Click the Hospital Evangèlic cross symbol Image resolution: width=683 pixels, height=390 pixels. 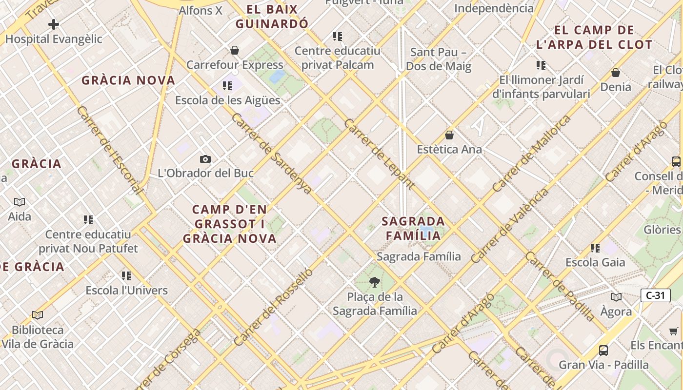point(54,24)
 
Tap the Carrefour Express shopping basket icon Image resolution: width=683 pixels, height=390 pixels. point(235,50)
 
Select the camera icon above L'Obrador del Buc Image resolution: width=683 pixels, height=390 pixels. point(205,159)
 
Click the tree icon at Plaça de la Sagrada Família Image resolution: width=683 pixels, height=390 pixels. point(375,282)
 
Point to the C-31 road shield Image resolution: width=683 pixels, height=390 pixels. point(655,295)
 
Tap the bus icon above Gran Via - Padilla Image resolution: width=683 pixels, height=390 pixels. point(603,350)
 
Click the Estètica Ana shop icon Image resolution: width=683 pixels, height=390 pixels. point(449,135)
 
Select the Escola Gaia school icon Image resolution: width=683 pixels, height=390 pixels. point(595,248)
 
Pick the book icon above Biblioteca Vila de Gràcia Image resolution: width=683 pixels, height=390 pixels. point(38,315)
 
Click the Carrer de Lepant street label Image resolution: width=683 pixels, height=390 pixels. point(379,154)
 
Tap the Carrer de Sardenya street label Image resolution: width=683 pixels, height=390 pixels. point(271,154)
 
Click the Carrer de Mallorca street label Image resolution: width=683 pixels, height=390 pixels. point(531,154)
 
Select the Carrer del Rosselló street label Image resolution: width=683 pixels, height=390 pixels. point(273,307)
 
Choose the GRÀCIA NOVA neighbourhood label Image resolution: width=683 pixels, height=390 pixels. point(128,80)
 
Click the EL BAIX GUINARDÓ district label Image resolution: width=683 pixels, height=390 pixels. point(272,16)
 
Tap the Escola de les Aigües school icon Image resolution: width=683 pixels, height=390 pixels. point(227,86)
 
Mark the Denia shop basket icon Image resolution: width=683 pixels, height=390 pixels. point(616,73)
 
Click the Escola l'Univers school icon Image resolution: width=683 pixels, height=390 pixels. point(127,276)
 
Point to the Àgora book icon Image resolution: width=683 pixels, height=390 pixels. point(616,297)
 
